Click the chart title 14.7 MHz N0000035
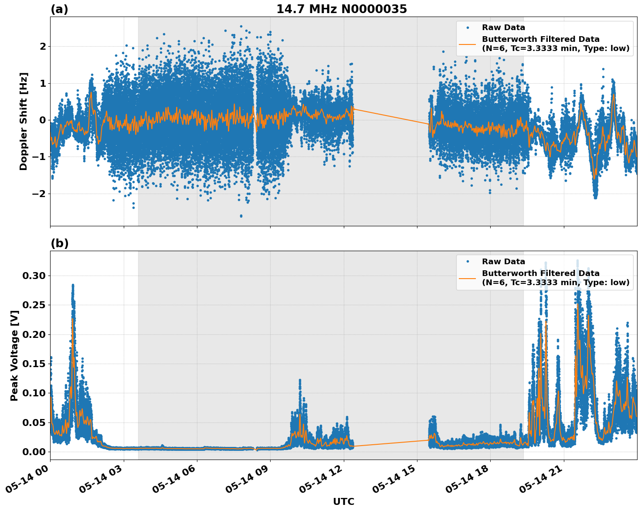[x=342, y=9]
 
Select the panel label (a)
[x=59, y=9]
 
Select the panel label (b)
[x=59, y=243]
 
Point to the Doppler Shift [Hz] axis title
[x=24, y=121]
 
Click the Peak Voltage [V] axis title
[x=14, y=355]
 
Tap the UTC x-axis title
[x=343, y=501]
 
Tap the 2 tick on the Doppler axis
[x=42, y=46]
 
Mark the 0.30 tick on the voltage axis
[x=34, y=276]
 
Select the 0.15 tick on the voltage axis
[x=34, y=364]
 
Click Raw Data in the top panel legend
[x=503, y=27]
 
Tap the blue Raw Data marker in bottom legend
[x=468, y=262]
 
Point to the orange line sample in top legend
[x=468, y=44]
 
